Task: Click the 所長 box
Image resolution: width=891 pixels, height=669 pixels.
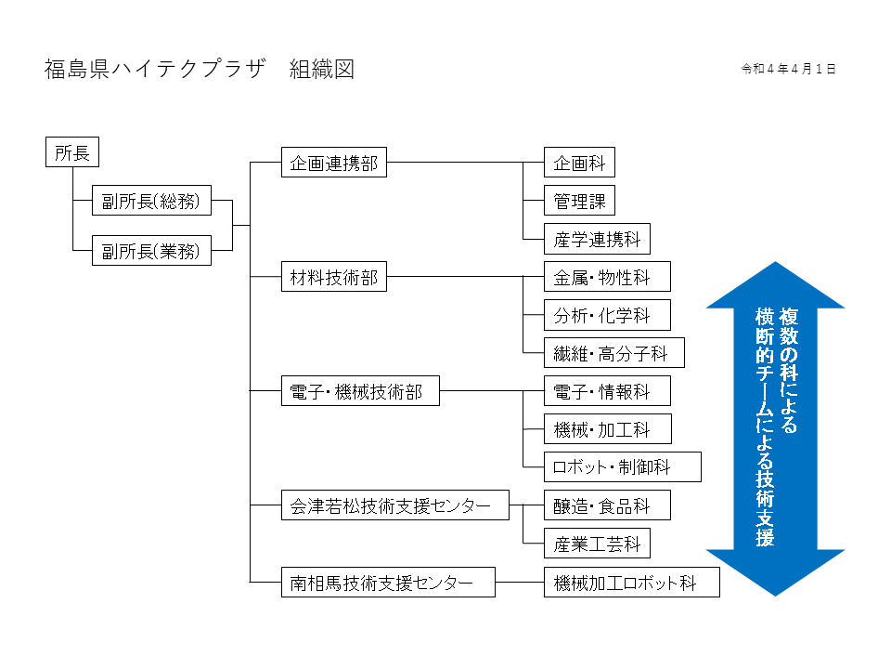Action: [71, 152]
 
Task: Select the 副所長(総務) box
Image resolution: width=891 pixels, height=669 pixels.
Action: [151, 200]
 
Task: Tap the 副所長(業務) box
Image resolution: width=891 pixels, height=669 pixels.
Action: [151, 250]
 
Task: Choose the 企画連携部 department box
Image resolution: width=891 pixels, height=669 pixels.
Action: [333, 163]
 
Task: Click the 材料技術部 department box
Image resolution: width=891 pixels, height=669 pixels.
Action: [333, 277]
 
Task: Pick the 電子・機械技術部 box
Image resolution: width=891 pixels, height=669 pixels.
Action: [359, 392]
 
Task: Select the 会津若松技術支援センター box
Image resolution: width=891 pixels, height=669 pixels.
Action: [394, 506]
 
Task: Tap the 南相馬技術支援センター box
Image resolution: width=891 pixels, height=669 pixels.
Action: [387, 583]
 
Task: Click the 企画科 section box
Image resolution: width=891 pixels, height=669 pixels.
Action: [579, 163]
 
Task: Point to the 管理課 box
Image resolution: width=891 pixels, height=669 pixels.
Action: [579, 201]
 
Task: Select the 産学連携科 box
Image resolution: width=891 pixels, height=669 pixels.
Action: [598, 239]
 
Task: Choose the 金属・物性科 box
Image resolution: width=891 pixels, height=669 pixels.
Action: [607, 277]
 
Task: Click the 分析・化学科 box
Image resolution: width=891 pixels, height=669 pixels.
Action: [607, 315]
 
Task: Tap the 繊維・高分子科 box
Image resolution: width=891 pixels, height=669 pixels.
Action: [614, 353]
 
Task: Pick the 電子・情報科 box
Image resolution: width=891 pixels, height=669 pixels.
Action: [607, 392]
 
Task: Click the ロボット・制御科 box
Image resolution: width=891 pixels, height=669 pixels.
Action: [623, 467]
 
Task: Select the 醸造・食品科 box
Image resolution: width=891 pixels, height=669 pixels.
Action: [607, 506]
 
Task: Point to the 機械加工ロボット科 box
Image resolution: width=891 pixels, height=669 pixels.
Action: [631, 583]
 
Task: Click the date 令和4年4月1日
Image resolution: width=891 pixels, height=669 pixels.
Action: [788, 69]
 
